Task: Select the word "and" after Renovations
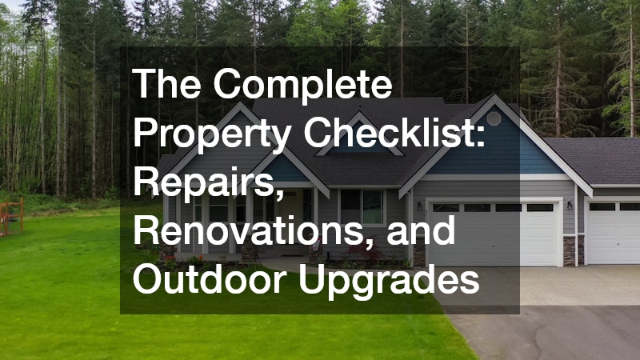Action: click(421, 230)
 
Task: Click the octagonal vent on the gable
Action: click(494, 118)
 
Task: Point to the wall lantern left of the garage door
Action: click(419, 206)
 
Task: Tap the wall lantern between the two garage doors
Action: click(570, 205)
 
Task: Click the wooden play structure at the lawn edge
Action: click(11, 217)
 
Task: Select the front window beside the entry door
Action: click(362, 206)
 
